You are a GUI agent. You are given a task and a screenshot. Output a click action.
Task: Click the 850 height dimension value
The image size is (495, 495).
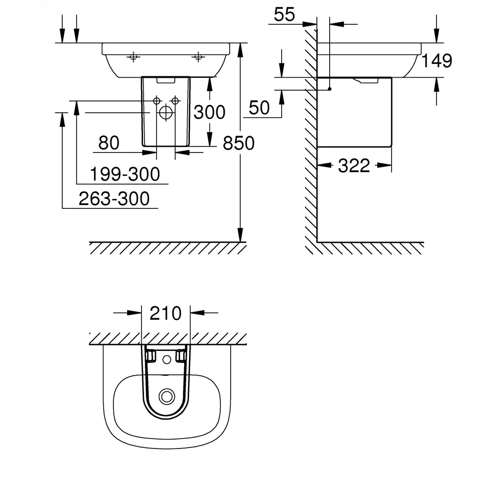238,143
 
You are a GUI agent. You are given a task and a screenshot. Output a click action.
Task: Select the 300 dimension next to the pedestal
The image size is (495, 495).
209,112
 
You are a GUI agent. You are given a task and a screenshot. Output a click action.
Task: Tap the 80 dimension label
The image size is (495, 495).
109,143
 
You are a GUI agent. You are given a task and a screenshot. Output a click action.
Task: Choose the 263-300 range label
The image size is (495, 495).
114,198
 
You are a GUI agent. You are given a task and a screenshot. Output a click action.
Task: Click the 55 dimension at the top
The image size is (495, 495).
284,15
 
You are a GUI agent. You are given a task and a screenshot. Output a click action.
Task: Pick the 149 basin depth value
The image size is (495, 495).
437,61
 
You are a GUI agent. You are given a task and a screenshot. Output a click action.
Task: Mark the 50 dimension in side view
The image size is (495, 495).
259,107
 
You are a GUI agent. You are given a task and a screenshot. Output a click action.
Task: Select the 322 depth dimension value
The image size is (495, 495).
354,166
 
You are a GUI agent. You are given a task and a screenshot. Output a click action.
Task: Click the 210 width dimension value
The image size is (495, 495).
165,313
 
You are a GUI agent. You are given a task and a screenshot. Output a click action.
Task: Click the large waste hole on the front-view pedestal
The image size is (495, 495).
165,113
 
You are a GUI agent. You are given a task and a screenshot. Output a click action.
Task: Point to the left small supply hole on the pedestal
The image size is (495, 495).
156,101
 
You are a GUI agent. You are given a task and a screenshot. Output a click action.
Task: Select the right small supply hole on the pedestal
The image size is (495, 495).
174,101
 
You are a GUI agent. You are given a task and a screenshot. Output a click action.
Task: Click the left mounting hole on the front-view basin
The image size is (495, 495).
133,57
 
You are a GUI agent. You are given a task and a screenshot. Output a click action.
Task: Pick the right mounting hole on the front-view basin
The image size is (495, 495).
198,57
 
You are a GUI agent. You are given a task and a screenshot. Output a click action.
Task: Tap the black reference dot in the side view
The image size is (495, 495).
329,90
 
